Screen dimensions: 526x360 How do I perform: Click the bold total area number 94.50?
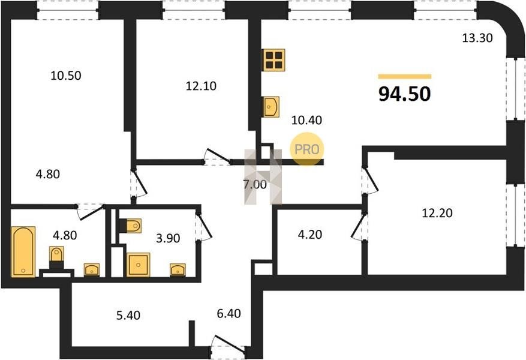tap(405, 94)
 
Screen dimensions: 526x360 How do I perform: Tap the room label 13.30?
tap(477, 38)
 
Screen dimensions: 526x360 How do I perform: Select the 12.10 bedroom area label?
tap(201, 86)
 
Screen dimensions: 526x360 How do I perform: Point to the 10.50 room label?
tap(66, 76)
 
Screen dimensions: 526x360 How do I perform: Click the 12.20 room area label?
tap(437, 213)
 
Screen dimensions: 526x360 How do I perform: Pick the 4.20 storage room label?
tap(310, 234)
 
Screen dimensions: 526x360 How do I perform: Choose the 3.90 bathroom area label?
tap(168, 238)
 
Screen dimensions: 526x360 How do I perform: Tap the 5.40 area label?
tap(128, 315)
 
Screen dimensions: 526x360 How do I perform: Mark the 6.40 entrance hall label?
tap(229, 313)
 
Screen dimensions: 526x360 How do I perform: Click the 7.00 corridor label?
tap(255, 184)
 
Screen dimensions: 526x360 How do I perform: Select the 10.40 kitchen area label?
tap(306, 120)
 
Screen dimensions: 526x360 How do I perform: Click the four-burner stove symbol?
tap(273, 60)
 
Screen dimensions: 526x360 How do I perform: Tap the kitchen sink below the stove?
tap(270, 107)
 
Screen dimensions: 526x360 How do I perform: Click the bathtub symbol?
tap(23, 251)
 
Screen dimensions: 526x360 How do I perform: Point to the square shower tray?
tap(138, 265)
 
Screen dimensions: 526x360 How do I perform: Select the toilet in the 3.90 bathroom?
tap(130, 226)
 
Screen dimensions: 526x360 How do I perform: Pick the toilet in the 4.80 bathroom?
tap(56, 257)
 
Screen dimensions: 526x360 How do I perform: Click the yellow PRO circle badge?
tap(306, 149)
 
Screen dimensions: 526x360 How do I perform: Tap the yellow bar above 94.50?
tap(405, 76)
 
